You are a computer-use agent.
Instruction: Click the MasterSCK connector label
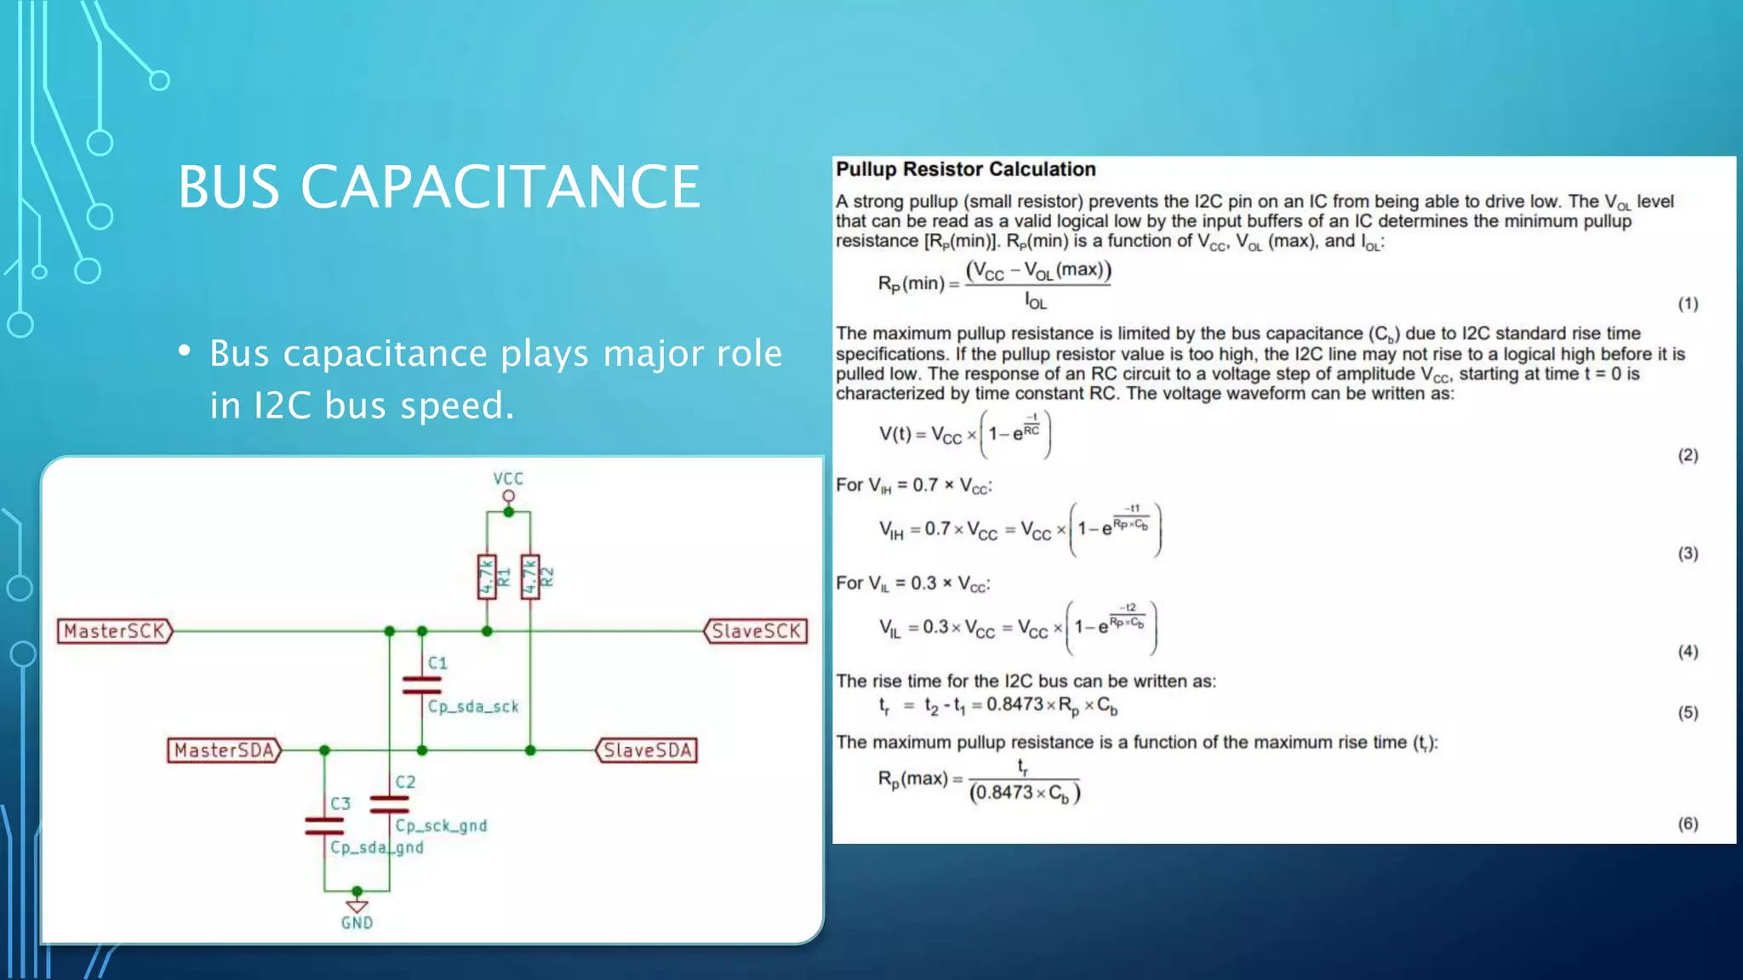pyautogui.click(x=114, y=631)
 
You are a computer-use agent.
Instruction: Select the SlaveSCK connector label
pyautogui.click(x=756, y=631)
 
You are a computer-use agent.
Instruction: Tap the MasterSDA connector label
pyautogui.click(x=224, y=750)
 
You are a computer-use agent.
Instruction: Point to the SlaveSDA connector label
pyautogui.click(x=647, y=750)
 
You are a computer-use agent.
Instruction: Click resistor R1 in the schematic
pyautogui.click(x=487, y=577)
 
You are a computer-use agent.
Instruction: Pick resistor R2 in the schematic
pyautogui.click(x=530, y=577)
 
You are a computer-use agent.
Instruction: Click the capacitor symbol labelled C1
pyautogui.click(x=422, y=685)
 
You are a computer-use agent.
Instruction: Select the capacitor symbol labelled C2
pyautogui.click(x=390, y=804)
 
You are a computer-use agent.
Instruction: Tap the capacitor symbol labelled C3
pyautogui.click(x=324, y=825)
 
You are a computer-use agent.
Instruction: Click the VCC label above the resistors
pyautogui.click(x=508, y=479)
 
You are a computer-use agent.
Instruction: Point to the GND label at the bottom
pyautogui.click(x=357, y=923)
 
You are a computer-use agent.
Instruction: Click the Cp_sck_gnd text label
pyautogui.click(x=441, y=825)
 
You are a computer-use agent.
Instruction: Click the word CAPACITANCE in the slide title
pyautogui.click(x=500, y=187)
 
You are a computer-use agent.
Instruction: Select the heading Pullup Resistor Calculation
pyautogui.click(x=965, y=169)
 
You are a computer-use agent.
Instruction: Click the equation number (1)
pyautogui.click(x=1688, y=304)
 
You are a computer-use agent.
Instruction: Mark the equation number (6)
pyautogui.click(x=1688, y=823)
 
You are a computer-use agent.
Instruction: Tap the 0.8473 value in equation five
pyautogui.click(x=1014, y=704)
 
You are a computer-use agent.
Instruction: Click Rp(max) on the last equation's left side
pyautogui.click(x=912, y=778)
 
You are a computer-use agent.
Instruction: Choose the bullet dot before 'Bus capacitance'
pyautogui.click(x=185, y=351)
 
